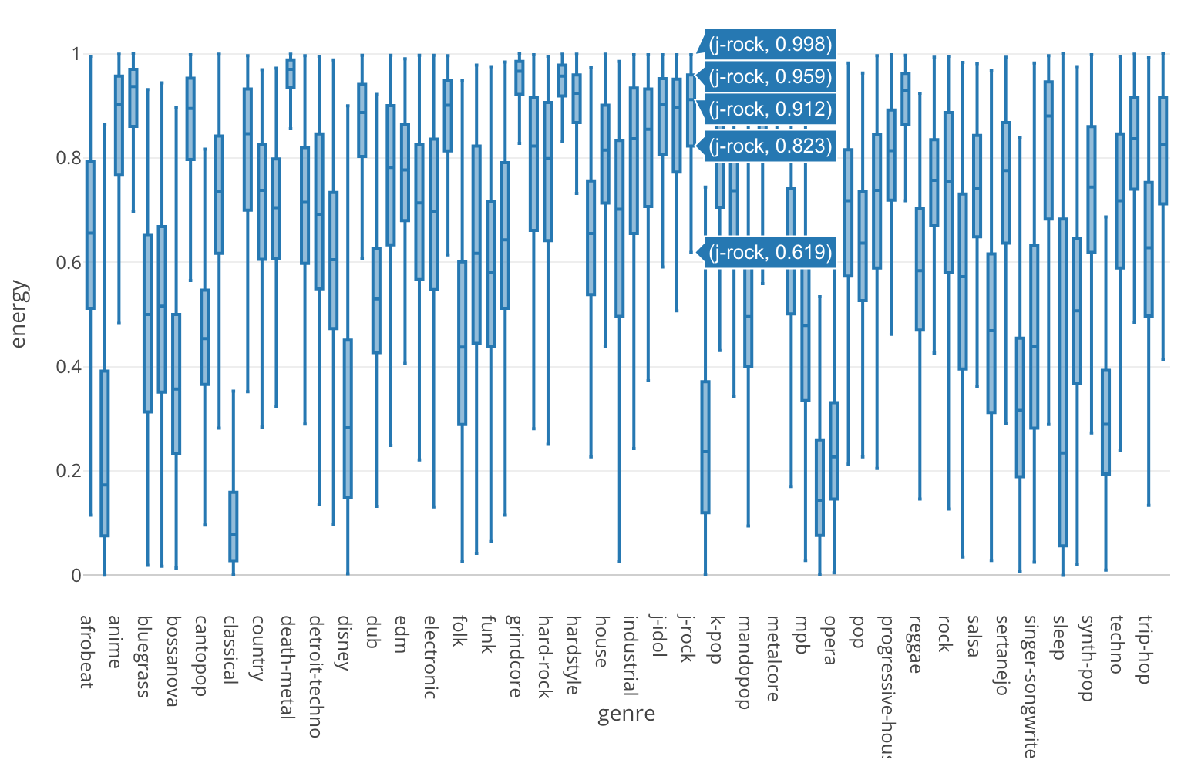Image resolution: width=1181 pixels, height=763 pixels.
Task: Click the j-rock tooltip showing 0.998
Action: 770,45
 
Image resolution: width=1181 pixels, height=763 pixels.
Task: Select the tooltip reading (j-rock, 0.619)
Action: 770,253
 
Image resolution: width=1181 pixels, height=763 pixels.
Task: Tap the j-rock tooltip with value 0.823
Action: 770,146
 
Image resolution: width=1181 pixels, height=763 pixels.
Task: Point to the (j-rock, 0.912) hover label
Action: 770,109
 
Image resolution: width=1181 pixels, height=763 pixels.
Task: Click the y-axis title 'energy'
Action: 19,314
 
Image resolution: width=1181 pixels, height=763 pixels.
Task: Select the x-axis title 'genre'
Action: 626,714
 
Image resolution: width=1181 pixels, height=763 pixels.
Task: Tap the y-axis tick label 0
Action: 76,575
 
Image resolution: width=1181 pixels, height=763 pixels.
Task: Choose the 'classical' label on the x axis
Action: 229,649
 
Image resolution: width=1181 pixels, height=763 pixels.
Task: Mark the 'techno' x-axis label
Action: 1115,644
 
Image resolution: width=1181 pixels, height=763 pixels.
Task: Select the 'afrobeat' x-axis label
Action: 86,651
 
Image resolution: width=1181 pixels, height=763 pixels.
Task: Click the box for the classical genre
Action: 234,526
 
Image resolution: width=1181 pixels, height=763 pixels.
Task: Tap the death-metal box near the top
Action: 291,74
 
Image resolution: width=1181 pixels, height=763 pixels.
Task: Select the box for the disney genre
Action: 348,418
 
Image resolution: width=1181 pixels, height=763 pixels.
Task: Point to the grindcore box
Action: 520,79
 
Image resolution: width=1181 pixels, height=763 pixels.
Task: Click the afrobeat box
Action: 90,235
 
